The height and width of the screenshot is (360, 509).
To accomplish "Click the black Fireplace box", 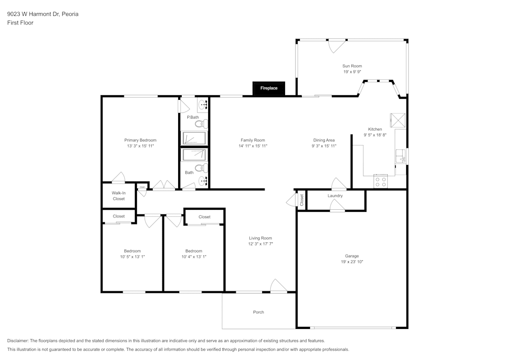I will point(269,88).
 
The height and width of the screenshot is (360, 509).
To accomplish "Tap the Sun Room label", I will point(352,66).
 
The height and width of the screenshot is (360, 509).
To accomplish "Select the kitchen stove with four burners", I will point(380,181).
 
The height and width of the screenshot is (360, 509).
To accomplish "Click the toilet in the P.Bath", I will point(202,123).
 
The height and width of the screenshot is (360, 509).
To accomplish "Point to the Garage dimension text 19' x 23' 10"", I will point(352,262).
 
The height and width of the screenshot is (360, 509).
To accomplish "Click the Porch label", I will point(259,312).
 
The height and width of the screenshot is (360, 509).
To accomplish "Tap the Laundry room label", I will point(335,196).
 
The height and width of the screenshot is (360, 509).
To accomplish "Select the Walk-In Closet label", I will point(119,196).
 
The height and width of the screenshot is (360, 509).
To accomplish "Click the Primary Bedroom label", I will point(140,140).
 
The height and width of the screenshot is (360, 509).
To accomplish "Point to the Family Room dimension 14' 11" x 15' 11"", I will point(253,146).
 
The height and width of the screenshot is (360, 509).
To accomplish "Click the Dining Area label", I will point(324,140).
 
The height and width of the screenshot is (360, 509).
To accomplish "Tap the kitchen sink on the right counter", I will point(402,155).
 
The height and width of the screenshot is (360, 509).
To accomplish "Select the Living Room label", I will point(261,238).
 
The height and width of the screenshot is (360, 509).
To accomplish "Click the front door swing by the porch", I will point(278,286).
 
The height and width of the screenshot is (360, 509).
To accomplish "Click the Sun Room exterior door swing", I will point(336,46).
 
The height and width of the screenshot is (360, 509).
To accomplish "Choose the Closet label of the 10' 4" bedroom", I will point(205,217).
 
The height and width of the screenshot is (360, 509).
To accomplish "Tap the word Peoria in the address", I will point(70,14).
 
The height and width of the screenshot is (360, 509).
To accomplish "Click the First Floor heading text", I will point(20,23).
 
